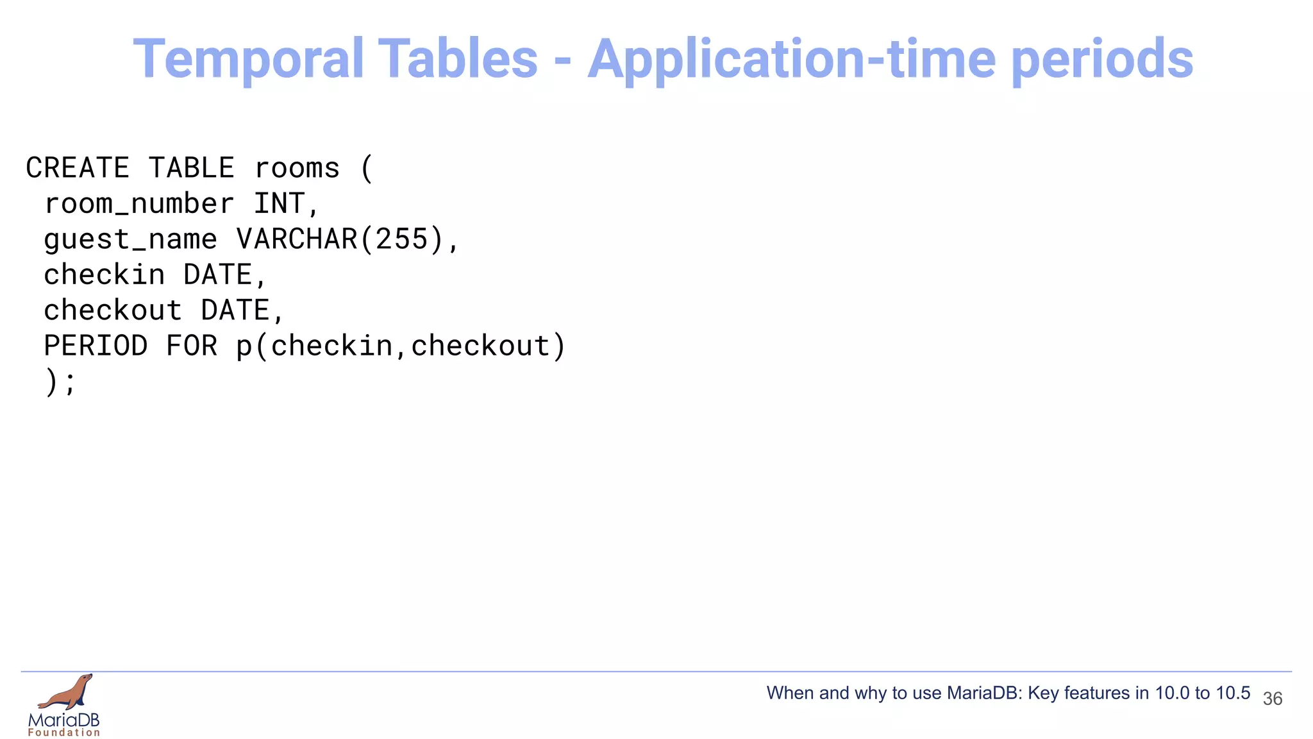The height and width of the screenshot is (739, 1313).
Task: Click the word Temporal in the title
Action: pyautogui.click(x=247, y=59)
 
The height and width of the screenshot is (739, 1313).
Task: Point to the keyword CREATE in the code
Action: pyautogui.click(x=78, y=168)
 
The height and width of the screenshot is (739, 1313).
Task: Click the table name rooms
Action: pyautogui.click(x=297, y=168)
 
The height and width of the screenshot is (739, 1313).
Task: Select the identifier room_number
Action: pyautogui.click(x=138, y=204)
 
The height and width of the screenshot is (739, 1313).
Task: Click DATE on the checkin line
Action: pyautogui.click(x=218, y=275)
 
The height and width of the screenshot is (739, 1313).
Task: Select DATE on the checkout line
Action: pyautogui.click(x=235, y=310)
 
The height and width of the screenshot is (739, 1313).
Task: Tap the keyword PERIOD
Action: pyautogui.click(x=96, y=346)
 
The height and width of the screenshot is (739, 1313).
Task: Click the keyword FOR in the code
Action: pyautogui.click(x=192, y=346)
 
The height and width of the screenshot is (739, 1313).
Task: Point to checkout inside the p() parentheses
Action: pyautogui.click(x=480, y=346)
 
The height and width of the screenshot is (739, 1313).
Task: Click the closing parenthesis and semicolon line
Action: pyautogui.click(x=60, y=382)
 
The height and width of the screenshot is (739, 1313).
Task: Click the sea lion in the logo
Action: pyautogui.click(x=67, y=692)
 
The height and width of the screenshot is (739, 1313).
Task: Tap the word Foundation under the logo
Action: pyautogui.click(x=64, y=733)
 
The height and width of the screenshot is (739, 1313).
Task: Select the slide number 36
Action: pyautogui.click(x=1272, y=699)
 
